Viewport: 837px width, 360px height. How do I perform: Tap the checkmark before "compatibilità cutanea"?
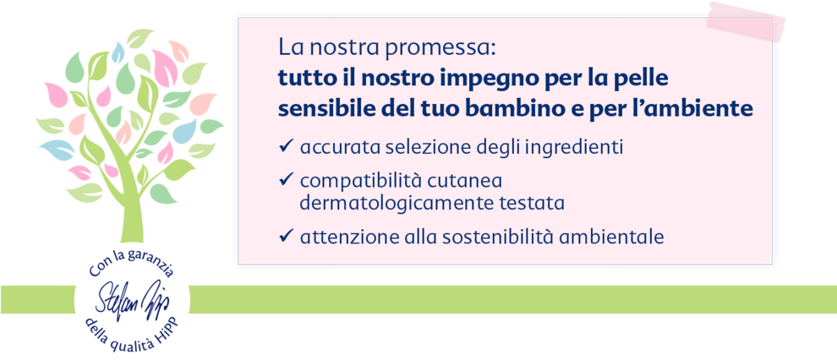[x=286, y=180]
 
